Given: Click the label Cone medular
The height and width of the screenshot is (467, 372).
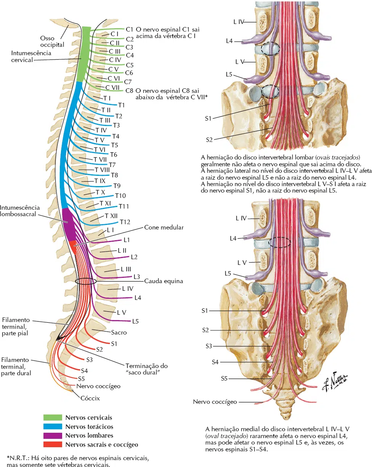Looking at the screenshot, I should tap(164, 228).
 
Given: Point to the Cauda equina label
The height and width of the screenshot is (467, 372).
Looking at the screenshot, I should tap(164, 281).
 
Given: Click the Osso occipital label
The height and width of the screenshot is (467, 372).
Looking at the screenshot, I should tap(52, 41).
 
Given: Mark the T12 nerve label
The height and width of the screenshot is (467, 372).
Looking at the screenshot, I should tap(125, 222).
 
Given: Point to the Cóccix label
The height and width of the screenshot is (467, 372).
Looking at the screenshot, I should tap(90, 398).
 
